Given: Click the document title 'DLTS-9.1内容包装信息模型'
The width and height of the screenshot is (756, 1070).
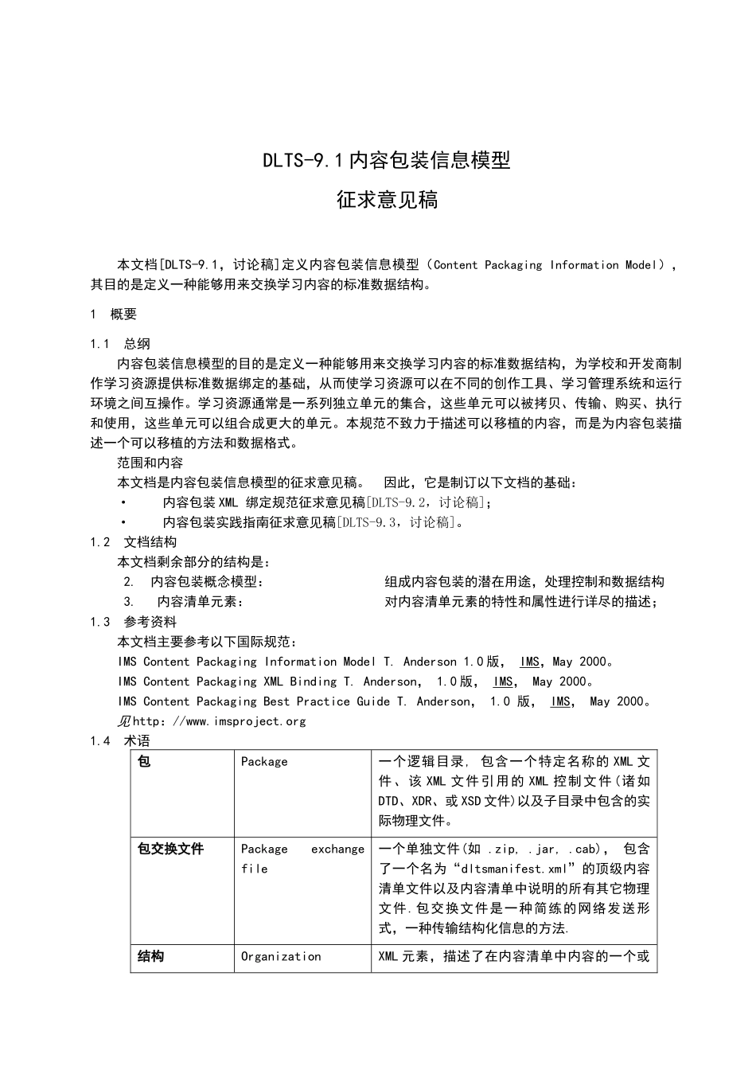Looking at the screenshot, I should (387, 161).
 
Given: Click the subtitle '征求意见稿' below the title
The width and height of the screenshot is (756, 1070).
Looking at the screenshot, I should (387, 200).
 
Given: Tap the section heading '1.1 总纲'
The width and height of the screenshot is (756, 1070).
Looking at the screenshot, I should (120, 344).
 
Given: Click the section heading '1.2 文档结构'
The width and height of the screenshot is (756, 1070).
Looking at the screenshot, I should (134, 542).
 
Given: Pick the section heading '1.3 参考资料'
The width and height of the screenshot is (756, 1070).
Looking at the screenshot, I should (134, 622).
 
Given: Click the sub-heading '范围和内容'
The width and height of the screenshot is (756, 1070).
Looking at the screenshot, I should (150, 463).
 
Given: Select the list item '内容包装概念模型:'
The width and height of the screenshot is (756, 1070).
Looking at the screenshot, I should (206, 582).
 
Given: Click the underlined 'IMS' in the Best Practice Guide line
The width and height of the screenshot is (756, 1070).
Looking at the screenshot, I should (560, 701).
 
